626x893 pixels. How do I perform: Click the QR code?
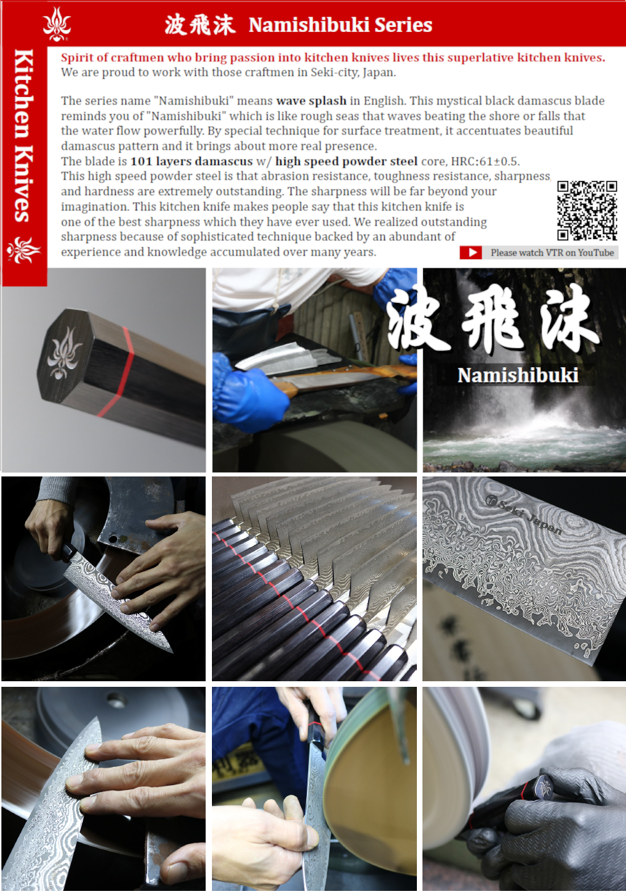coord(587,210)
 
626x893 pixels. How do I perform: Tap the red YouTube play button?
coord(471,252)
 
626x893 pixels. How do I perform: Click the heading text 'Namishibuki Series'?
coord(340,24)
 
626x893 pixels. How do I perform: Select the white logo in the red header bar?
coord(56,24)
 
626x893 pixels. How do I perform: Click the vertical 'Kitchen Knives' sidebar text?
coord(24,136)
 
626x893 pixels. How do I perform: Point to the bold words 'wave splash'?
coord(311,100)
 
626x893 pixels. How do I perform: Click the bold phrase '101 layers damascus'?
coord(192,161)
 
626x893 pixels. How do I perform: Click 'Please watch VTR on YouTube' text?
coord(552,253)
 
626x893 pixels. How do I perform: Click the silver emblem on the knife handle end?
coord(64,353)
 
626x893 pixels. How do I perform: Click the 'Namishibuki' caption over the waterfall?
coord(517,375)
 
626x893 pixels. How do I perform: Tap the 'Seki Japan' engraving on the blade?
coord(524,514)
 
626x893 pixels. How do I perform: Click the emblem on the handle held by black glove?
coord(544,786)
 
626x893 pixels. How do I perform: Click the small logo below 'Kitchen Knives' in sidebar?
coord(24,250)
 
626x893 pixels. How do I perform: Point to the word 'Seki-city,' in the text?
coord(330,72)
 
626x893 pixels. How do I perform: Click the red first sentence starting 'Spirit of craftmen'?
coord(333,57)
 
